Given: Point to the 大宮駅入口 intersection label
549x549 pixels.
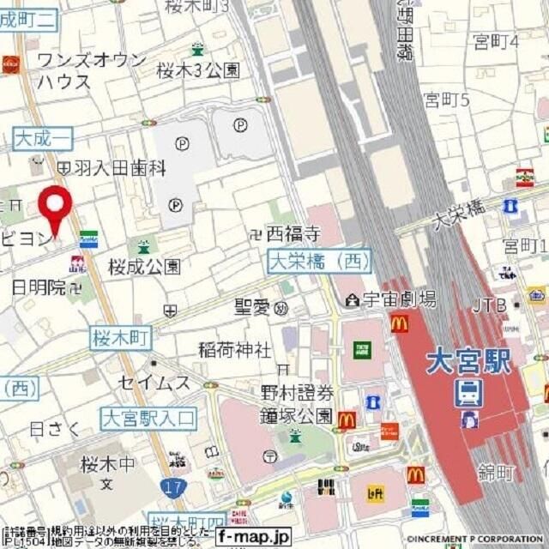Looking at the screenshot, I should (148, 419).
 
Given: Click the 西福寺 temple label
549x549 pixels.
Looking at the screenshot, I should (292, 232).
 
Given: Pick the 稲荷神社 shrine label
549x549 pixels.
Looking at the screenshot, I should (234, 350).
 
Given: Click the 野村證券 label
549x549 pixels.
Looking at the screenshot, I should (297, 394).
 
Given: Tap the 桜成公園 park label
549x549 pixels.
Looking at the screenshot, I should (144, 267).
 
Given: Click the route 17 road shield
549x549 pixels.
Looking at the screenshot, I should (170, 486).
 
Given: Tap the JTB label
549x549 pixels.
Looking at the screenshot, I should (490, 305).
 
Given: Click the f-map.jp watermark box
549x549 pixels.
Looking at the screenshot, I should (253, 536).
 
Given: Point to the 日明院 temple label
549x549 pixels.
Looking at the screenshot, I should (39, 287).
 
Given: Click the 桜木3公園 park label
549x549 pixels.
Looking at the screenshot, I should (198, 71).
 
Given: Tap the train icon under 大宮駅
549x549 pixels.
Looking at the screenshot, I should (468, 393).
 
